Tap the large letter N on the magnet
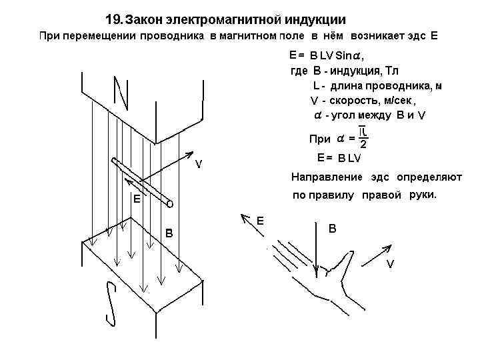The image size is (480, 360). click(122, 93)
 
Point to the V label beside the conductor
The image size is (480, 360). click(199, 164)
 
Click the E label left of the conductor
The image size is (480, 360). click(136, 199)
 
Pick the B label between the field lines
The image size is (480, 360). click(169, 233)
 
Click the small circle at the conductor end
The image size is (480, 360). click(170, 205)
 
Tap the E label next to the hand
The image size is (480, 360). click(261, 220)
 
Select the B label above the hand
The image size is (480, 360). click(333, 229)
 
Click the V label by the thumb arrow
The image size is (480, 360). click(391, 264)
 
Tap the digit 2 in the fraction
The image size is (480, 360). click(363, 145)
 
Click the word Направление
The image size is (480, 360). click(327, 177)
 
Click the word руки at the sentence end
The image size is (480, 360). click(423, 195)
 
